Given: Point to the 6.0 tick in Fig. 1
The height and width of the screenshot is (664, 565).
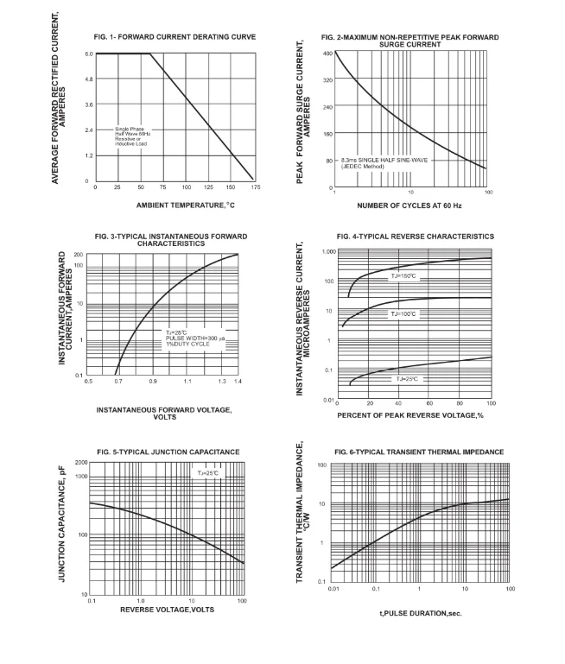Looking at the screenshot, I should coord(88,54).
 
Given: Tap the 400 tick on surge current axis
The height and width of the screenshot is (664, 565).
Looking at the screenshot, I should coord(327,54).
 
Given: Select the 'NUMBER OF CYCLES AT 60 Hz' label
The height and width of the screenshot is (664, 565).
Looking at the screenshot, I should coord(410,205).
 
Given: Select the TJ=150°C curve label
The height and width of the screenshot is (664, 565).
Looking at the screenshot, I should coord(403,276).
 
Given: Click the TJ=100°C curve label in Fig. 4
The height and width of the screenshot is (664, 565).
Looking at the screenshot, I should coord(403,313).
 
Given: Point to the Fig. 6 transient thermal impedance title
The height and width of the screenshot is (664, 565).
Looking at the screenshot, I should coord(418,452).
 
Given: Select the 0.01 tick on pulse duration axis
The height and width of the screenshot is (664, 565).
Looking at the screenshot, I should coord(333,588).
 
